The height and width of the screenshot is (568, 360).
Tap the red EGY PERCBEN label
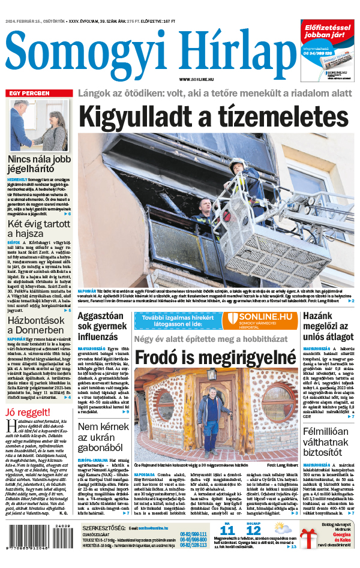pyautogui.click(x=28, y=94)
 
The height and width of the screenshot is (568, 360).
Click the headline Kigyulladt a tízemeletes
pyautogui.click(x=214, y=115)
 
